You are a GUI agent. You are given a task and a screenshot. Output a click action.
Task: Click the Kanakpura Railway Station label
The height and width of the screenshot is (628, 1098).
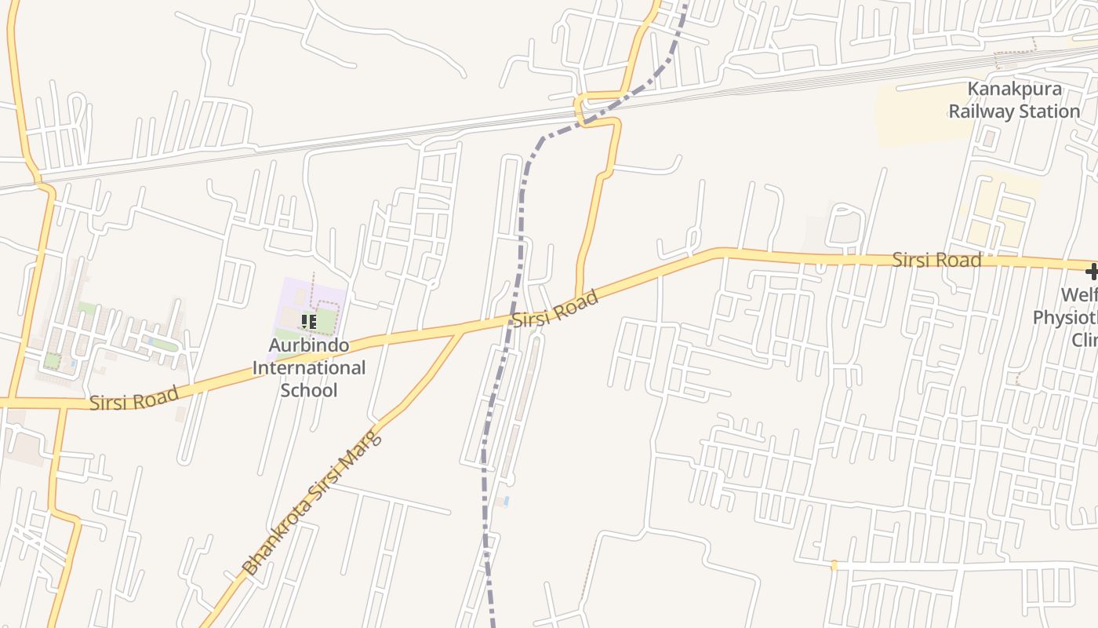click(1014, 100)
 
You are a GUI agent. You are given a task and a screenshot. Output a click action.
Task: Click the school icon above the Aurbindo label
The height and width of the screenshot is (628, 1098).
click(309, 322)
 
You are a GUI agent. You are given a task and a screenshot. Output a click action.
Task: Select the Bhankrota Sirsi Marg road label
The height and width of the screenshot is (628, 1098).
click(312, 502)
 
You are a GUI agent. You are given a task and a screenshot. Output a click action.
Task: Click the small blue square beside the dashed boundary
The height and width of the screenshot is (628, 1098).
click(506, 500)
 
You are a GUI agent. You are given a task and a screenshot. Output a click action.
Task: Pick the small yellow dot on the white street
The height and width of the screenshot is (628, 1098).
click(834, 565)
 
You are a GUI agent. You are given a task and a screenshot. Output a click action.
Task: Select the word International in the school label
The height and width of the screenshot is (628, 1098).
click(309, 367)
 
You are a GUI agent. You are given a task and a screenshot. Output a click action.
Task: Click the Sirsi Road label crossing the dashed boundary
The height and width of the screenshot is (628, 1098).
click(555, 308)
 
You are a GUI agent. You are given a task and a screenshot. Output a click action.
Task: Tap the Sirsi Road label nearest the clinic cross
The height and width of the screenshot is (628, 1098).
click(936, 260)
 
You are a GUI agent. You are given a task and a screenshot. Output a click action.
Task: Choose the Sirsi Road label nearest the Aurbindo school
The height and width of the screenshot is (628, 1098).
click(134, 399)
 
